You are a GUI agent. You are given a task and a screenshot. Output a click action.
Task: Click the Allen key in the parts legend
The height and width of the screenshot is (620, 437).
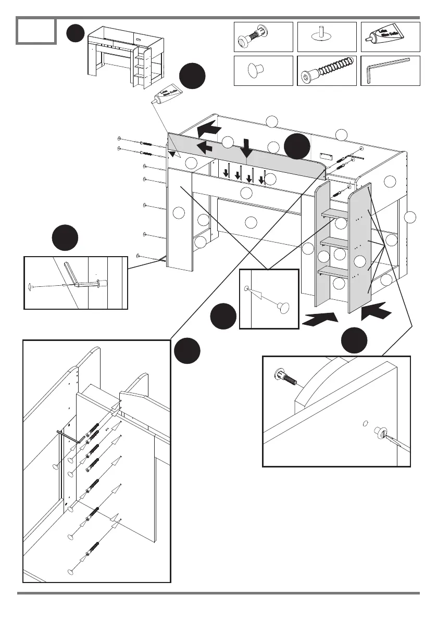(389, 69)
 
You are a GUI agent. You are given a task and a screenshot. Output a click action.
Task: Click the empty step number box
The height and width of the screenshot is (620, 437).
(36, 31)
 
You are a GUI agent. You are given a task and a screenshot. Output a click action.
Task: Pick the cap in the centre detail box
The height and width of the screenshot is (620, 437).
(284, 308)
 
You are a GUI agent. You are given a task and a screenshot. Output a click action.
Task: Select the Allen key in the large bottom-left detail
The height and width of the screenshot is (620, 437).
(67, 435)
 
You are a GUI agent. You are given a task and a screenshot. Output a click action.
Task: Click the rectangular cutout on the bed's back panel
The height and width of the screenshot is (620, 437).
(326, 155)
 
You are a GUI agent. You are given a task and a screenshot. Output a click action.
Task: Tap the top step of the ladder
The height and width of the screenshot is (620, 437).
(334, 213)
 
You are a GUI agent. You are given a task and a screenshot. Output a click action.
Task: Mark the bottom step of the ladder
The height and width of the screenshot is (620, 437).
(333, 271)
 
